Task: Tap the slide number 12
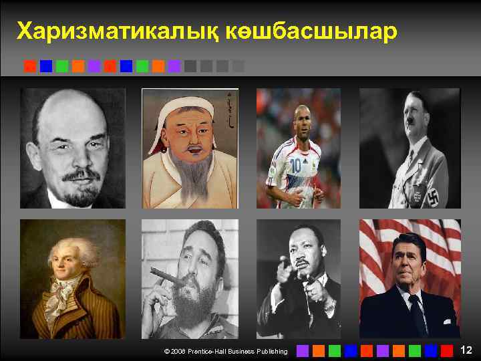(x=466, y=350)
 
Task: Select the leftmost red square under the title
(x=30, y=66)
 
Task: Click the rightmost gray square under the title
(x=238, y=66)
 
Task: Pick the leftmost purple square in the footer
(x=303, y=350)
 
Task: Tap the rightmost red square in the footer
(x=447, y=350)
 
